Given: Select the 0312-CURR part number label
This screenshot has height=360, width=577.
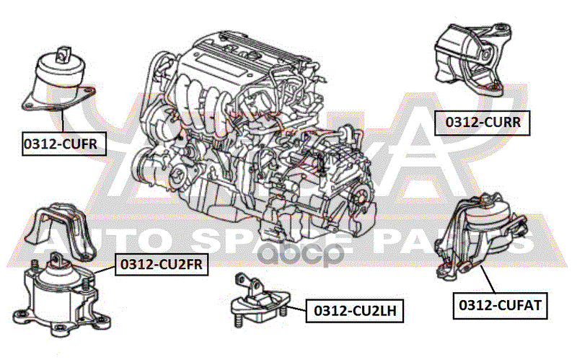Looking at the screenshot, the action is pyautogui.click(x=481, y=123).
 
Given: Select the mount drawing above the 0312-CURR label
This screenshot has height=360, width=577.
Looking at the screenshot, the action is pyautogui.click(x=473, y=58).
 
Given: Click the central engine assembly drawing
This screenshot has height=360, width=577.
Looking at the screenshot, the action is pyautogui.click(x=260, y=137).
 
